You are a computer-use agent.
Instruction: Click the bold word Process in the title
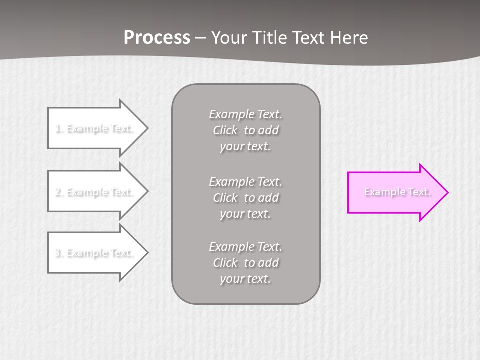point(157,38)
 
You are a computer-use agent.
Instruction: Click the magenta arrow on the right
point(395,192)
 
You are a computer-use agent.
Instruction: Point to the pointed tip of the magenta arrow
point(447,192)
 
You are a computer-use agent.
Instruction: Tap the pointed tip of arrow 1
point(147,128)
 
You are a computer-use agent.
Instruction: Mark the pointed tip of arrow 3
point(147,253)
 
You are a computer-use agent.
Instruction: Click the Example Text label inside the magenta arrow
point(397,192)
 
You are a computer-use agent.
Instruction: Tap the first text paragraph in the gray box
point(245,130)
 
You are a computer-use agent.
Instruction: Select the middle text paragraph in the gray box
point(245,197)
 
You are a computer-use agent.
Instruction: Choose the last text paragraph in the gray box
point(245,263)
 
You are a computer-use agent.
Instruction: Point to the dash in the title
point(200,38)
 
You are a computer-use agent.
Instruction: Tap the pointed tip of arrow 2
point(147,192)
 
